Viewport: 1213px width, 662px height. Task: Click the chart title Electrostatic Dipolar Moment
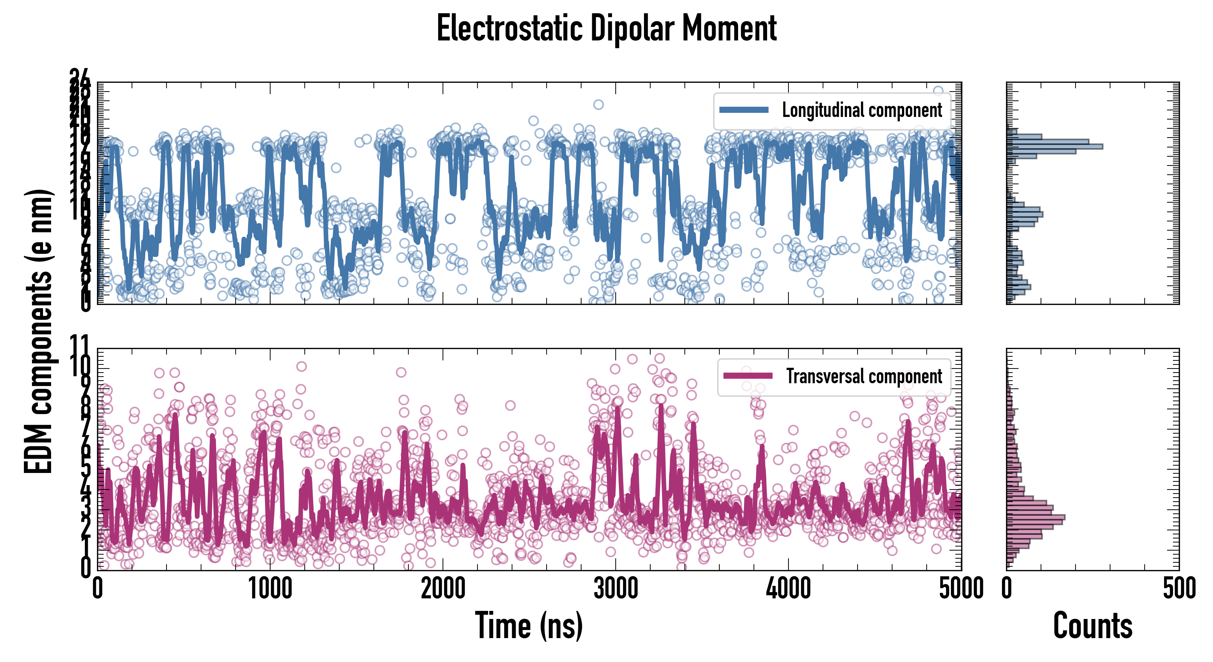(606, 28)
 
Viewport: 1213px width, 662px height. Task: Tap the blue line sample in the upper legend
(744, 110)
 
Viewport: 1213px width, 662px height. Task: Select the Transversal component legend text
(864, 377)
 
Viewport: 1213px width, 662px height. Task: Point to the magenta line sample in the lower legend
(748, 376)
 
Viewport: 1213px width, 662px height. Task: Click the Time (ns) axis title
(529, 626)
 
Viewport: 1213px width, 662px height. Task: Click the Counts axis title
(1092, 626)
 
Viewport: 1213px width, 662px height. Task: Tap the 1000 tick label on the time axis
(270, 589)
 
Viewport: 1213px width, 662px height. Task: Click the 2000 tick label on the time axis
(443, 589)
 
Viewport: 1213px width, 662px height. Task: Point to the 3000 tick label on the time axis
(615, 589)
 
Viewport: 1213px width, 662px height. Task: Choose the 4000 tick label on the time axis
(788, 589)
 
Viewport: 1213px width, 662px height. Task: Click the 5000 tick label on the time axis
(960, 589)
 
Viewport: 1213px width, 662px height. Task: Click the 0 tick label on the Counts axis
(1007, 589)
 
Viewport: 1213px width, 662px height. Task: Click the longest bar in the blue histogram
(1055, 146)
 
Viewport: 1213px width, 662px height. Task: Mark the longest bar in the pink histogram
(1035, 518)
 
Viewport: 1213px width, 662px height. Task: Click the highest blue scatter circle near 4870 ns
(938, 91)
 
